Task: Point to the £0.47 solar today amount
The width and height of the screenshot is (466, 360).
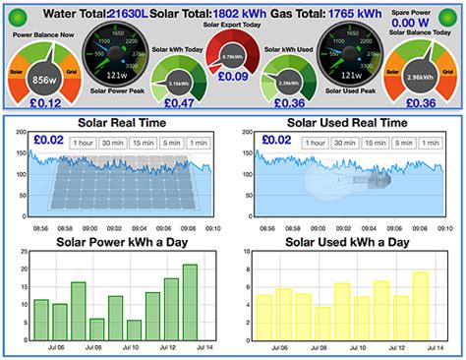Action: coord(179,101)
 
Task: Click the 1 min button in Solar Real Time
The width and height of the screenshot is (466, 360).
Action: coord(198,144)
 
